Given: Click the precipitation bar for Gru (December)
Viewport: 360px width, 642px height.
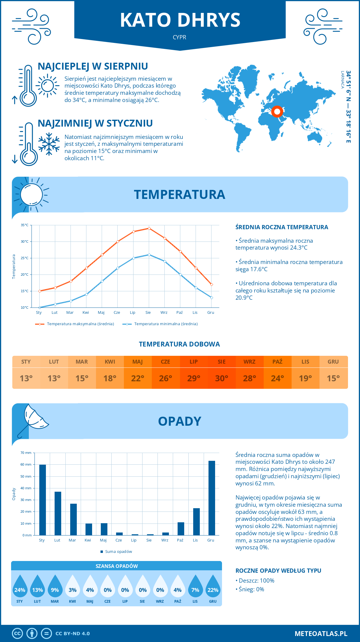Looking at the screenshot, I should point(212,498).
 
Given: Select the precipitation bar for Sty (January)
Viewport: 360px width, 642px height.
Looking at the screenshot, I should point(43,500).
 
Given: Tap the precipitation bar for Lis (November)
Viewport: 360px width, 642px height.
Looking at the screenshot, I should point(196,522).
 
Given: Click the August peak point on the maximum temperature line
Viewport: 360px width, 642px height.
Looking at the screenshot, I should point(149,228).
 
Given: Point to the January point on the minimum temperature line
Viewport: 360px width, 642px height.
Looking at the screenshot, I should point(40,307).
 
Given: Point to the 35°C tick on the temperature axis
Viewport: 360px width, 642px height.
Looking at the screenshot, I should point(25,225).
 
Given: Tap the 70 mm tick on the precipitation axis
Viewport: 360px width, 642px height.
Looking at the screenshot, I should point(26,453).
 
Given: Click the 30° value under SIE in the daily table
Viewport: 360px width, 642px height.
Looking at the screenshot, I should point(222,379).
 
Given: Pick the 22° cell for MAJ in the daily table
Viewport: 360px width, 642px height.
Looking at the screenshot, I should point(138,379).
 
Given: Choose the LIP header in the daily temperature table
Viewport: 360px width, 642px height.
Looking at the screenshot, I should point(194,362).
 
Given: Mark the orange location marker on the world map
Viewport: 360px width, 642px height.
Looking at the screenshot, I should point(277,112).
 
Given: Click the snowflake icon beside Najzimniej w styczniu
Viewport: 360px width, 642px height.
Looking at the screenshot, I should point(49,144).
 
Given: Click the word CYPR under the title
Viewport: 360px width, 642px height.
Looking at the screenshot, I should point(179,37).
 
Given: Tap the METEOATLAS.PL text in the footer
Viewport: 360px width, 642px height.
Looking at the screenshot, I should point(321,634).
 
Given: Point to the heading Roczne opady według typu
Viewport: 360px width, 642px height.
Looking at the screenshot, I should point(278,571).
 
